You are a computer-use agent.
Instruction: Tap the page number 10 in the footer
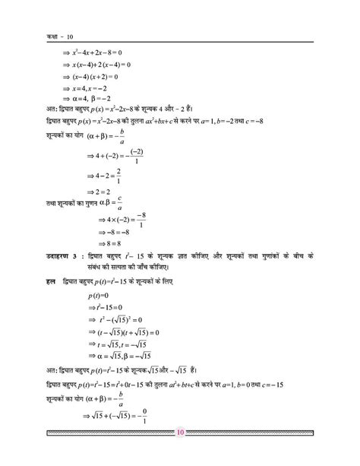(180, 455)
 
